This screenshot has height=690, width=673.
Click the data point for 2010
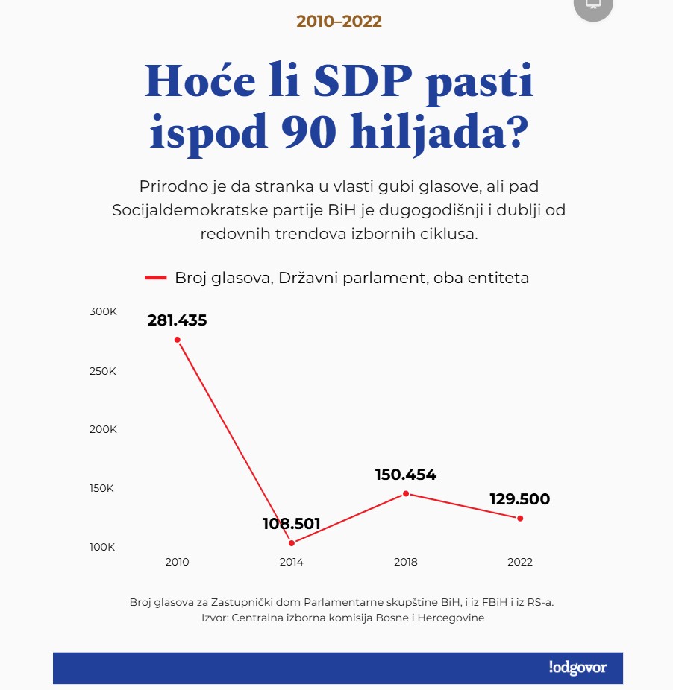[x=178, y=340]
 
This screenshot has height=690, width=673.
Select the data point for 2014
[x=292, y=543]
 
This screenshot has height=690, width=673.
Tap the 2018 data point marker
[x=406, y=494]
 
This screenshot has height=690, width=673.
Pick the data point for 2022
[x=520, y=519]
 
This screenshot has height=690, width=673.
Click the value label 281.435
[x=178, y=321]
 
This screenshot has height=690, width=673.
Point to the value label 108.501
[x=292, y=524]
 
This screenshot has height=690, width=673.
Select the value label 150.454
[x=406, y=475]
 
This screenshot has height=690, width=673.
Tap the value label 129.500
[x=520, y=499]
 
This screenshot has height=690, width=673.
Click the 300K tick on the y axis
[x=104, y=311]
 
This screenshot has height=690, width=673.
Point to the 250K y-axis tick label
[x=104, y=371]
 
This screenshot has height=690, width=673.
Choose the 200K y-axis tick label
[x=104, y=430]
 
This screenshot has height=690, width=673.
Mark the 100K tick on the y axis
[x=104, y=548]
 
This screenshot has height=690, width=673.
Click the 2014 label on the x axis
[x=292, y=563]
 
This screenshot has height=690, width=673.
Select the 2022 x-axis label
[x=520, y=563]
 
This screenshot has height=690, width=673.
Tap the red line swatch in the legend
[x=156, y=278]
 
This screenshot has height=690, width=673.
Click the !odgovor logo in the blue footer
[x=577, y=668]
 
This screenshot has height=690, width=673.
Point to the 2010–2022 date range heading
[x=339, y=22]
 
